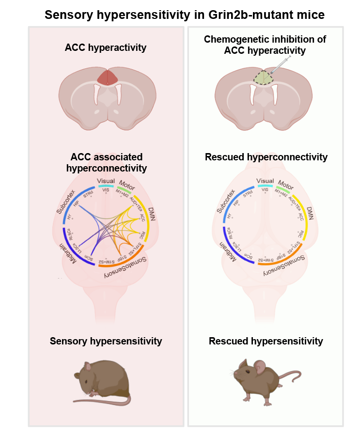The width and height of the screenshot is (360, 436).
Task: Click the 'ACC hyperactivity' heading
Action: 106,47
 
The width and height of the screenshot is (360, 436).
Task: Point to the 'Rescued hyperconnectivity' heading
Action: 266,157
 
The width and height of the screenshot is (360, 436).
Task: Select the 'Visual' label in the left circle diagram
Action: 106,181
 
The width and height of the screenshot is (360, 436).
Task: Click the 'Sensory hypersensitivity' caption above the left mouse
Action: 106,342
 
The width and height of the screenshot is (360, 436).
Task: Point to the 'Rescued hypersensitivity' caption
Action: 266,342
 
